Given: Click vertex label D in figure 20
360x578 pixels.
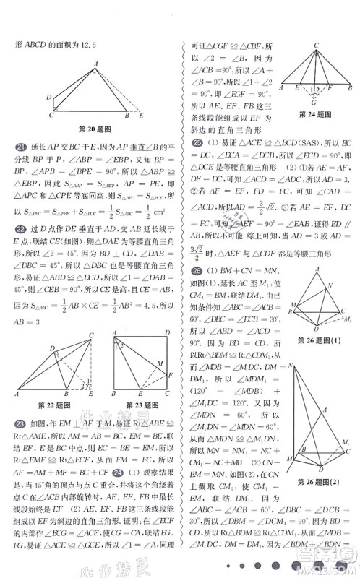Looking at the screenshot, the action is coord(48,96).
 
